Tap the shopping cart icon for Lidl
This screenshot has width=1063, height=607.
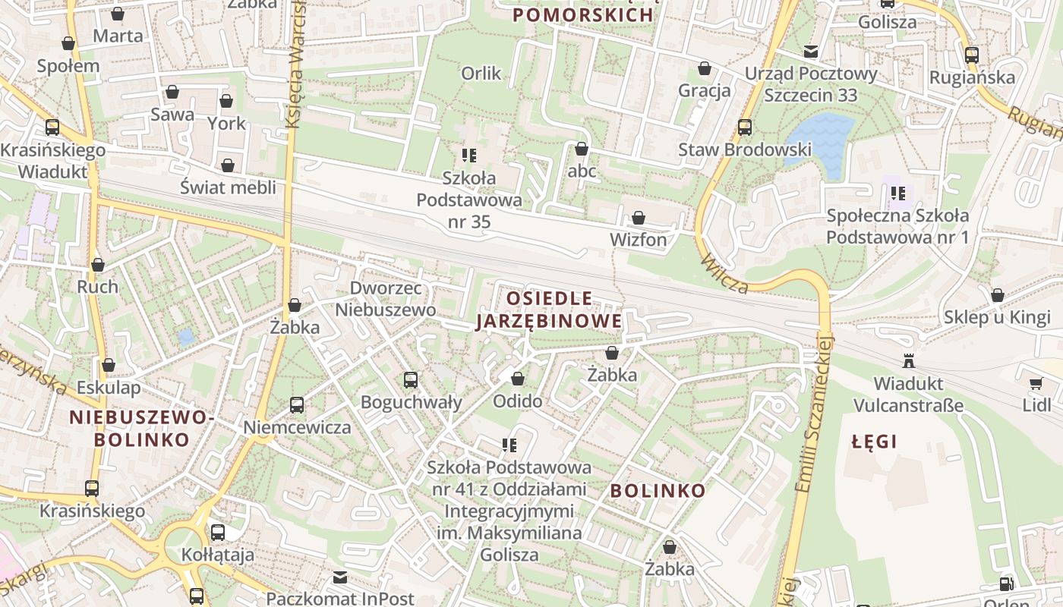tap(1036, 384)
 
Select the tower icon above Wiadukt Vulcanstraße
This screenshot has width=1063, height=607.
tap(908, 360)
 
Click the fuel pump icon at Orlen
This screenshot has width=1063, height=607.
tap(1007, 584)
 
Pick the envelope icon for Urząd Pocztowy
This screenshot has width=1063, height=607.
tap(811, 52)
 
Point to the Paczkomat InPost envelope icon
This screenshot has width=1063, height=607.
tap(340, 578)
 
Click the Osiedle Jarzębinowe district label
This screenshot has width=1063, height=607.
tap(548, 310)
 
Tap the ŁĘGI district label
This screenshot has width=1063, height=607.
tap(874, 441)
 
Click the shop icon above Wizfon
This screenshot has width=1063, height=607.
tap(639, 219)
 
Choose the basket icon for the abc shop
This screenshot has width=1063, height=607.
tap(582, 149)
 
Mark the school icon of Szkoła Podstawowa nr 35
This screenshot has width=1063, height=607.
tap(469, 156)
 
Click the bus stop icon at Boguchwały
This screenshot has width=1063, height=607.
tap(411, 380)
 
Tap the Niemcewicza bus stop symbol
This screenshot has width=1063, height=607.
tap(297, 405)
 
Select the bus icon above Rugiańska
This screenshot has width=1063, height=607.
tap(972, 55)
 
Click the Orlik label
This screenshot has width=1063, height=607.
tap(481, 73)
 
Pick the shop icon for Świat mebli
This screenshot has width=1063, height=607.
tap(228, 165)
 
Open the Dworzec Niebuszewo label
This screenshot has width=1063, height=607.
tap(385, 299)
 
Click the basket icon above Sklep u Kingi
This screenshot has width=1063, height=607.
tap(998, 295)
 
